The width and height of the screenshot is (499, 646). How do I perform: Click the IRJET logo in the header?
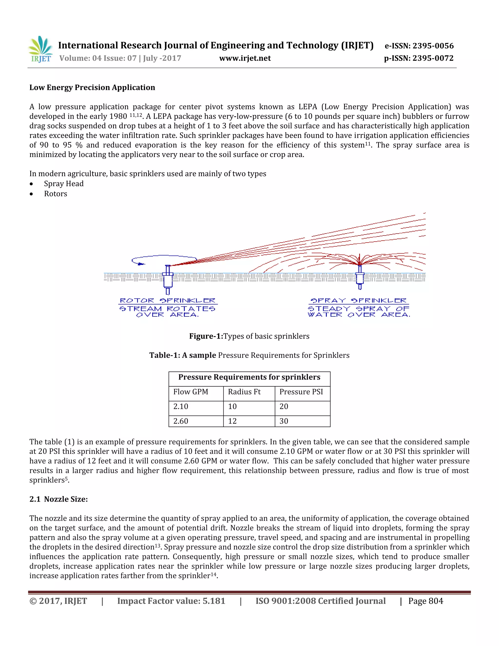coord(40,49)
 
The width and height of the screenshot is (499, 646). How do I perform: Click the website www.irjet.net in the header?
coord(245,58)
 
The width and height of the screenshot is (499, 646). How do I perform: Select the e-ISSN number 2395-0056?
coord(433,46)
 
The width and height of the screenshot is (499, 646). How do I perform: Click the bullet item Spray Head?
coord(64,184)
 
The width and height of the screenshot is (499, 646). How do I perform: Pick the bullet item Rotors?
coord(56,194)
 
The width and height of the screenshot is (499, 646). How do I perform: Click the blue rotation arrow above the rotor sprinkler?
coord(163,259)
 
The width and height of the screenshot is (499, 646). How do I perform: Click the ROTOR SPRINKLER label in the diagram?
coord(168,301)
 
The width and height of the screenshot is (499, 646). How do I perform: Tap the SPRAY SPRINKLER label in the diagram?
coord(359,301)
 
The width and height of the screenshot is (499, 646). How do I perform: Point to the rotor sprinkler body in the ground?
coord(168,280)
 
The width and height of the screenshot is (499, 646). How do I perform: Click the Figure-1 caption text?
coord(249,336)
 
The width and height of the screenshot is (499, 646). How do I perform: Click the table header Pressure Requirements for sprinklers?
coord(249,377)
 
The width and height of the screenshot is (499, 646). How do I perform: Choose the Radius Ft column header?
coord(244,392)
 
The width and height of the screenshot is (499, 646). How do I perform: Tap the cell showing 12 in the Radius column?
coord(232,421)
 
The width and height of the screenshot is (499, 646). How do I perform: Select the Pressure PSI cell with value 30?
coord(284,421)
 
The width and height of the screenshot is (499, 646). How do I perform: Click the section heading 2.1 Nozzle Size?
coord(58,499)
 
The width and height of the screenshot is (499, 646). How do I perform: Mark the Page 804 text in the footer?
coord(425,601)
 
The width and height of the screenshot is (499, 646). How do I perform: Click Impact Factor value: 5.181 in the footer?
coord(171,601)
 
